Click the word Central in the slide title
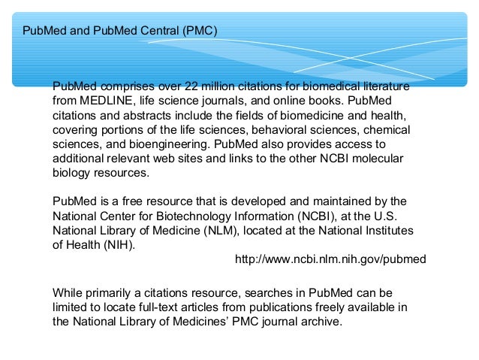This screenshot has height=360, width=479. click(158, 32)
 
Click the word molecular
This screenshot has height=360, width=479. click(378, 158)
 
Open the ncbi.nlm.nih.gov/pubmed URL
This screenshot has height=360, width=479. click(330, 259)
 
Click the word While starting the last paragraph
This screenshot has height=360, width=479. click(68, 292)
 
